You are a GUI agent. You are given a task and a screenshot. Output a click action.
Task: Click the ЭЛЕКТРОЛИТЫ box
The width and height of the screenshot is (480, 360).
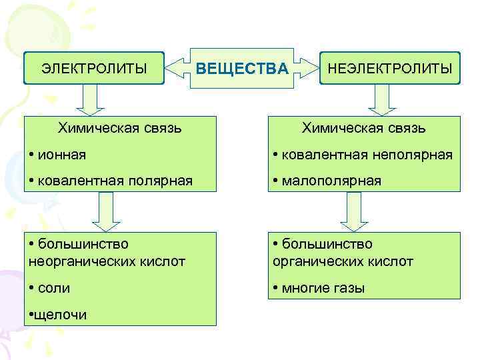[x=94, y=68]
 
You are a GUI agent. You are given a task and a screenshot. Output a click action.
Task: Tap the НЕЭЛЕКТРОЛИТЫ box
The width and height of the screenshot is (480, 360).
[x=390, y=68]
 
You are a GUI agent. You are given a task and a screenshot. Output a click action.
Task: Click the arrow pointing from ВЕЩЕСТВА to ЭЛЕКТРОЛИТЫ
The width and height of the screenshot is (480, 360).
[x=177, y=68]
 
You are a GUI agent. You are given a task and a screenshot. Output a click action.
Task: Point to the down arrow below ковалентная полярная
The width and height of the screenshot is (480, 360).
[x=105, y=210]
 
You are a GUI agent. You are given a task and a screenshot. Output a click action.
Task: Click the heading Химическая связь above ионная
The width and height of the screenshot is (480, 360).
[x=119, y=127]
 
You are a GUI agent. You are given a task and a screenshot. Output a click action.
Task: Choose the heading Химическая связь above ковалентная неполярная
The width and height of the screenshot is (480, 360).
[x=363, y=127]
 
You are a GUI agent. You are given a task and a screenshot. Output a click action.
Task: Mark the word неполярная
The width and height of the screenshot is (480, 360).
[x=413, y=155]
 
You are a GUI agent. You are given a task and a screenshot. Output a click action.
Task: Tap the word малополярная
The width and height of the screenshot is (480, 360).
[x=331, y=181]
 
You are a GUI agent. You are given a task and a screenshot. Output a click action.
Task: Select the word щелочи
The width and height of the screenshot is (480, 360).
[x=60, y=315]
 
